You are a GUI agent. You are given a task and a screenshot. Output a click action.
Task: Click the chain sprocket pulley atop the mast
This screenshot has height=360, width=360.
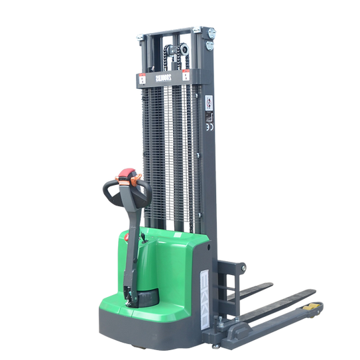pos(174,49)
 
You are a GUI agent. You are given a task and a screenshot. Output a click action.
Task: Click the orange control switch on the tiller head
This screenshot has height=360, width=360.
pos(137,177)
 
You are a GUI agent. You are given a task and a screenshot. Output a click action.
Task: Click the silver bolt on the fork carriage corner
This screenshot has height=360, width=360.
pos(243,267)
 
